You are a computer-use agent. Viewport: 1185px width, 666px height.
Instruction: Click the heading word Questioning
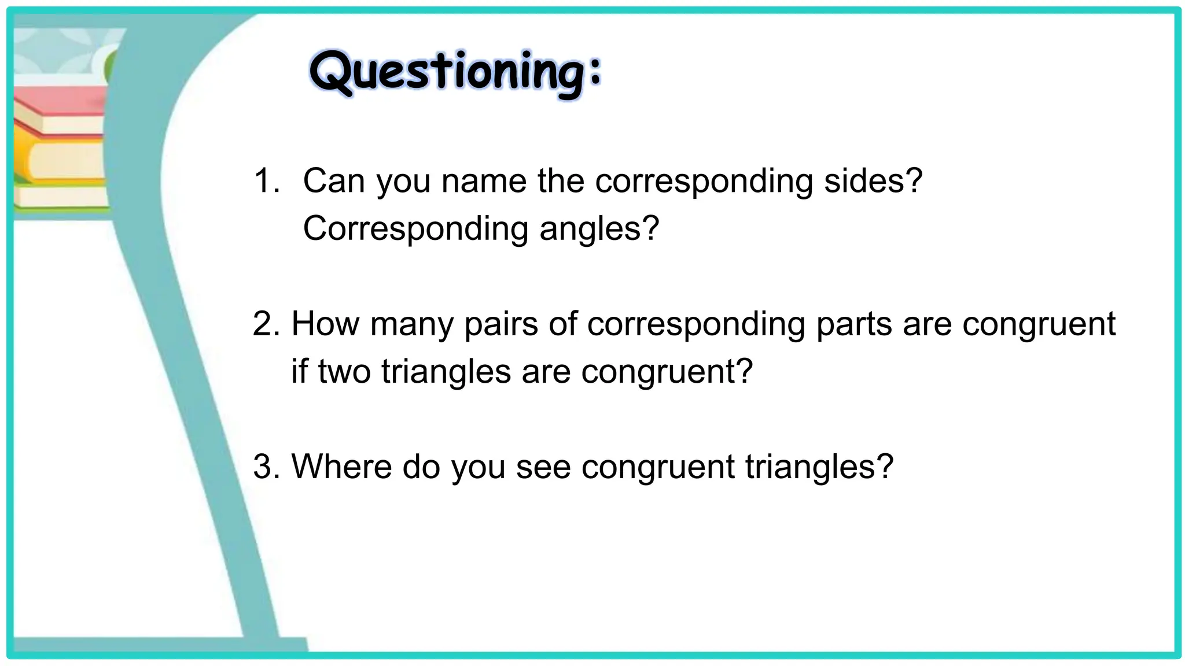(x=455, y=73)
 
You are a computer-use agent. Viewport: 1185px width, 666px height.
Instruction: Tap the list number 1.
(x=266, y=181)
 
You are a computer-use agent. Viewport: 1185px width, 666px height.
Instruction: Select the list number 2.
(x=266, y=324)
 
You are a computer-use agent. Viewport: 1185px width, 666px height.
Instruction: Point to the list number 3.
(x=266, y=467)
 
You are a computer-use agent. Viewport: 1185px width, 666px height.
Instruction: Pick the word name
(x=484, y=181)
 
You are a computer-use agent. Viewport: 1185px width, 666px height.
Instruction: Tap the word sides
(x=865, y=181)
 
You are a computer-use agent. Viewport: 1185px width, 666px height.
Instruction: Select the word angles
(x=590, y=229)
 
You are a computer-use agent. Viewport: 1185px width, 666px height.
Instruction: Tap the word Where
(x=341, y=467)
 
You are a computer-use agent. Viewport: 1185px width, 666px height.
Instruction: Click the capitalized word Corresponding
(x=415, y=229)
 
